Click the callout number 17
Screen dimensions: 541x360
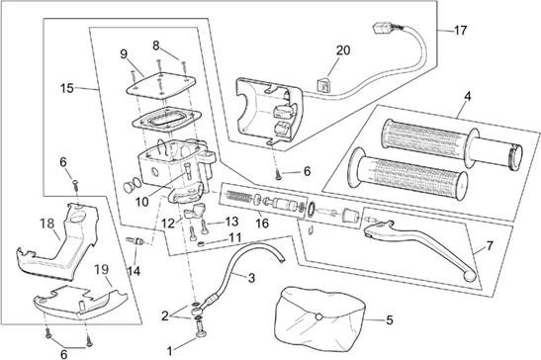coord(461,31)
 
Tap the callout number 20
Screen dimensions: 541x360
coord(343,50)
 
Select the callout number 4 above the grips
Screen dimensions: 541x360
coord(467,96)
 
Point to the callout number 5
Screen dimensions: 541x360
coord(390,320)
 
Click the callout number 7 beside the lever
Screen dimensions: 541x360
coord(490,246)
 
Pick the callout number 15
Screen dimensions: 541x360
coord(67,88)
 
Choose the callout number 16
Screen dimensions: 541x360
coord(262,223)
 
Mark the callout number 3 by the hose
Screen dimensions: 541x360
coord(251,278)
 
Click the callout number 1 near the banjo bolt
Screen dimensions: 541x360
coord(169,351)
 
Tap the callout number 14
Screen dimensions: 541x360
coord(134,271)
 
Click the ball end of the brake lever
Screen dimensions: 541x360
coord(469,275)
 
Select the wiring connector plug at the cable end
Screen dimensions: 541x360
coord(383,28)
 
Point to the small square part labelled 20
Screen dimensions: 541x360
coord(323,85)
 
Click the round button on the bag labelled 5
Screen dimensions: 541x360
coord(318,316)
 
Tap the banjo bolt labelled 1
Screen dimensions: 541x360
coord(200,329)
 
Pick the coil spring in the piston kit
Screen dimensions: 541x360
coord(239,197)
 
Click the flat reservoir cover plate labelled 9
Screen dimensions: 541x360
coord(160,85)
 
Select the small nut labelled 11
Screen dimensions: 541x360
coord(202,244)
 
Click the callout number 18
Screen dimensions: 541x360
coord(46,224)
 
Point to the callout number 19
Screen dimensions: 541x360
coord(102,269)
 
